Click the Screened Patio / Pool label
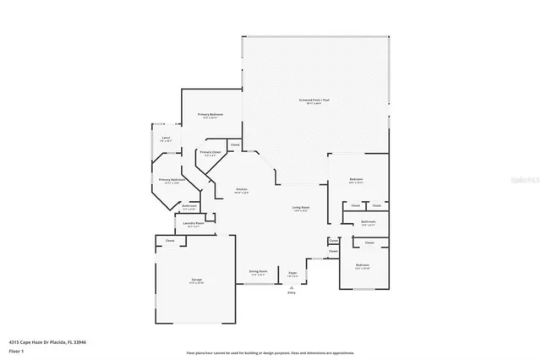315,101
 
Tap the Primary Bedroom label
210,115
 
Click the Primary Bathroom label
172,179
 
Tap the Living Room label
301,207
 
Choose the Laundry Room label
194,224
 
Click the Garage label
195,280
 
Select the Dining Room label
257,272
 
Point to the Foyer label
292,273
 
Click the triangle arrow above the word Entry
292,286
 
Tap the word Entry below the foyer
292,292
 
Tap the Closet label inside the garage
170,241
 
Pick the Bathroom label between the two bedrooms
368,223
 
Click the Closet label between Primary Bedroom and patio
235,145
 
